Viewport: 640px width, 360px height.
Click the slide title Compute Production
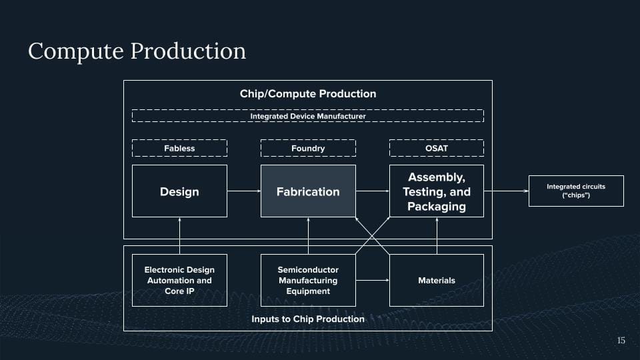point(137,51)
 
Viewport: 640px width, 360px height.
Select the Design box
point(179,191)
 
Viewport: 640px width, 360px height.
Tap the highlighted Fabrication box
point(308,191)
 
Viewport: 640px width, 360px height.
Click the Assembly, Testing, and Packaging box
point(437,191)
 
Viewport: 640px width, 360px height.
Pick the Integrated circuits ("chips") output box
point(576,191)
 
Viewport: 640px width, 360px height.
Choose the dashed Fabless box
point(179,148)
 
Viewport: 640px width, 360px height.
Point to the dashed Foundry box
point(308,148)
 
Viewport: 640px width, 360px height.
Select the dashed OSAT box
point(437,148)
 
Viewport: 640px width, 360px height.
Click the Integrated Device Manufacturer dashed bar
point(308,116)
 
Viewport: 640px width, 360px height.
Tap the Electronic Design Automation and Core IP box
point(179,280)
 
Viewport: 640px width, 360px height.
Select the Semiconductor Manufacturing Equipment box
point(308,280)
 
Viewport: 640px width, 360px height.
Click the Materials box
point(437,280)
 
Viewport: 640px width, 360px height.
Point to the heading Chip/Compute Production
point(308,93)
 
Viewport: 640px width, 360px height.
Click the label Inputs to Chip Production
point(308,319)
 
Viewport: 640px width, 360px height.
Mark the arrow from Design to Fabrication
point(243,191)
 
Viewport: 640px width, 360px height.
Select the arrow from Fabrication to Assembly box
point(372,191)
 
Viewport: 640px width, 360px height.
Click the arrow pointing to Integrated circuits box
point(506,191)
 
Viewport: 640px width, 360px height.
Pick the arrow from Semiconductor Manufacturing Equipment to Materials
point(372,280)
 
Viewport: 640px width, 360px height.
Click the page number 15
point(621,341)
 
